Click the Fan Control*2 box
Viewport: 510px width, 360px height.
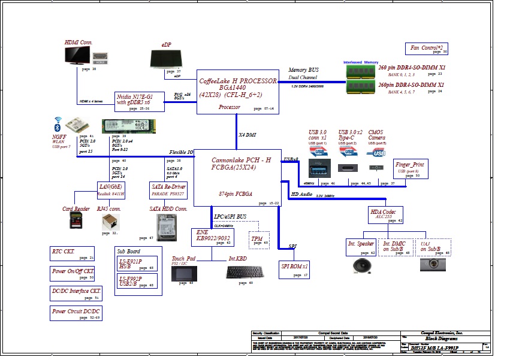pyautogui.click(x=427, y=49)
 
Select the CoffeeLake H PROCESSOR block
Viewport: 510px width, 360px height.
pyautogui.click(x=238, y=91)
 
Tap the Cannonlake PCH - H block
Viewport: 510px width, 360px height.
pyautogui.click(x=238, y=178)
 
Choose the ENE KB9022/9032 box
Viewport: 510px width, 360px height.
pyautogui.click(x=212, y=237)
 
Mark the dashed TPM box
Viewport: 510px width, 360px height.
pyautogui.click(x=258, y=239)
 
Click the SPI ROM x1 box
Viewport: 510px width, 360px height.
pyautogui.click(x=294, y=269)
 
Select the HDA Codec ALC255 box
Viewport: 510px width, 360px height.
pyautogui.click(x=385, y=215)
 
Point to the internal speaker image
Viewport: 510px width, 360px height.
pyautogui.click(x=361, y=264)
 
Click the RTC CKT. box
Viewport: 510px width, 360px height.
pyautogui.click(x=72, y=253)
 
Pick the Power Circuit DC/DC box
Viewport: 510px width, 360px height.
pyautogui.click(x=76, y=313)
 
